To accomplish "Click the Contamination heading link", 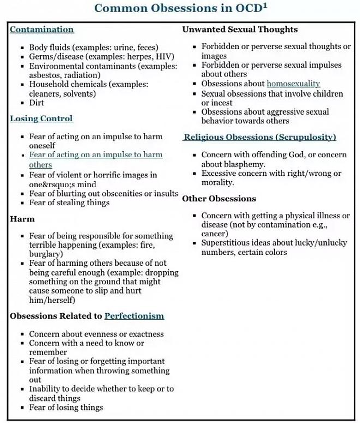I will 42,29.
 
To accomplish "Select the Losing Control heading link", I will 41,118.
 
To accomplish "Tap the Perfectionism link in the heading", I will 134,315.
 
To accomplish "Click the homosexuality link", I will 293,84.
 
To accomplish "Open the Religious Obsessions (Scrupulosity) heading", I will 260,137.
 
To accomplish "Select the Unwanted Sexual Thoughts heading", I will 240,29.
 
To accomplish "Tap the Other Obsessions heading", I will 219,199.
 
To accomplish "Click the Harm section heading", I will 22,219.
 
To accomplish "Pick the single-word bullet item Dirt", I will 37,103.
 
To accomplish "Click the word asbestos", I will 46,75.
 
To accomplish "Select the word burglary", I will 46,254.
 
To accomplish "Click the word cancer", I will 214,234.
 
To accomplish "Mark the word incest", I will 223,103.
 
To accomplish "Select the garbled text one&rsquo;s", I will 58,184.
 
